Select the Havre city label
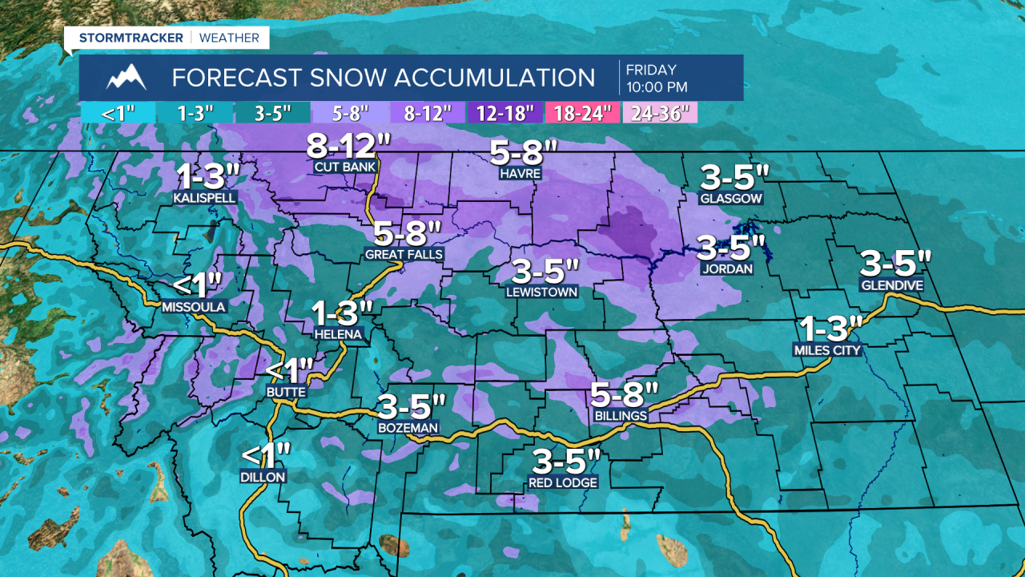pyautogui.click(x=521, y=173)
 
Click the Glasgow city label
pyautogui.click(x=730, y=198)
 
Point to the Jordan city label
pyautogui.click(x=726, y=268)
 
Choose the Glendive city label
pyautogui.click(x=891, y=285)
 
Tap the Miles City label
pyautogui.click(x=826, y=350)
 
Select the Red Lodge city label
pyautogui.click(x=562, y=482)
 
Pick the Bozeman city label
pyautogui.click(x=408, y=428)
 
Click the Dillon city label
pyautogui.click(x=263, y=477)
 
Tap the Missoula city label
pyautogui.click(x=194, y=306)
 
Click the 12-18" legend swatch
pyautogui.click(x=504, y=112)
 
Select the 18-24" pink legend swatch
pyautogui.click(x=582, y=112)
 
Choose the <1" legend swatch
pyautogui.click(x=118, y=112)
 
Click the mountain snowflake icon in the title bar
pyautogui.click(x=127, y=78)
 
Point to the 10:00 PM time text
pyautogui.click(x=657, y=87)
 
